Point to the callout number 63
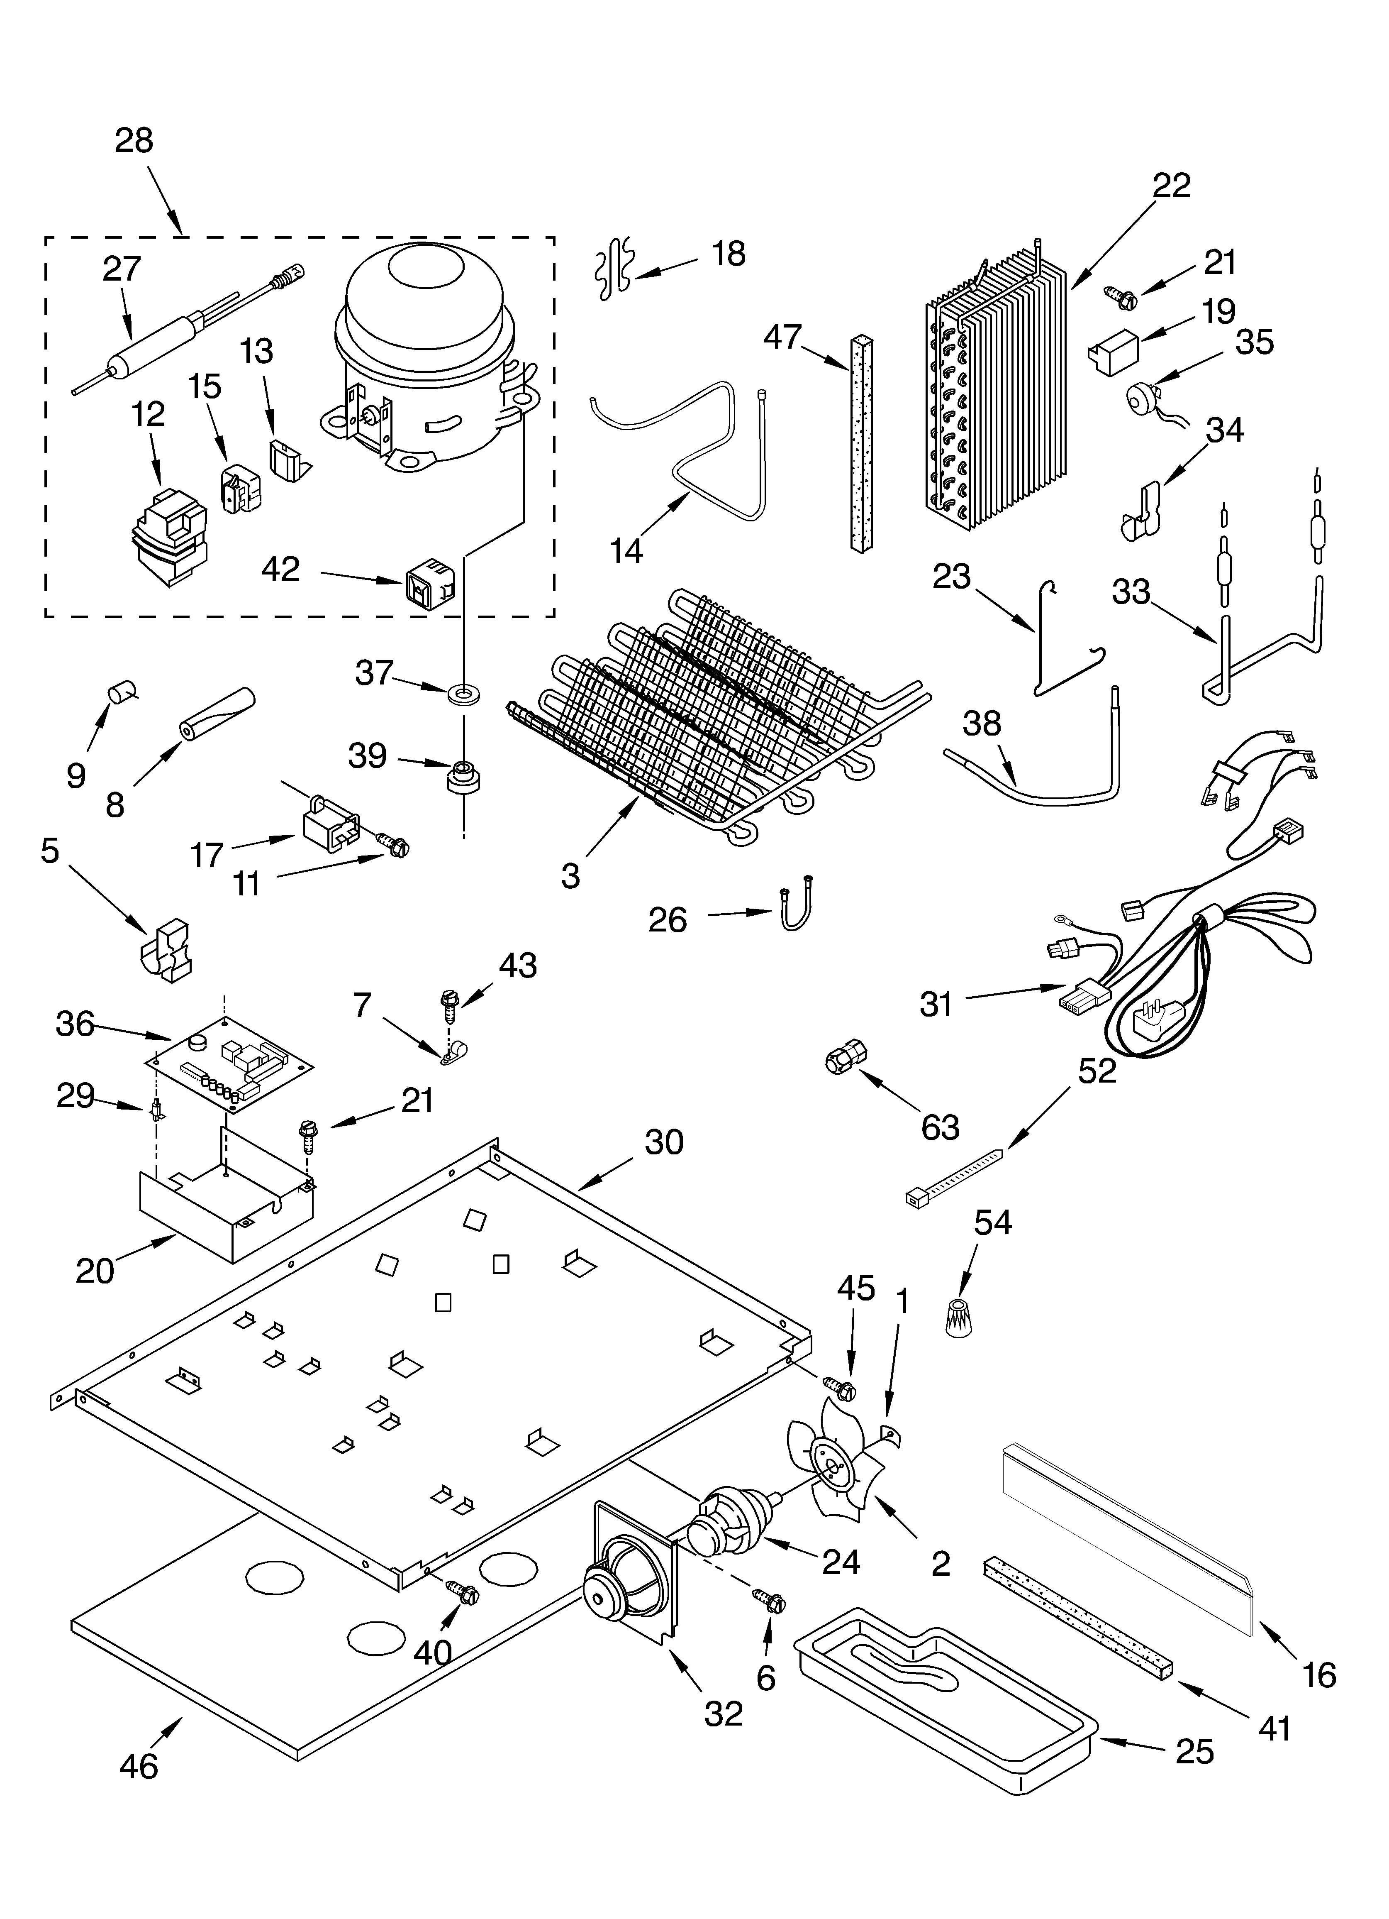[940, 1127]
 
